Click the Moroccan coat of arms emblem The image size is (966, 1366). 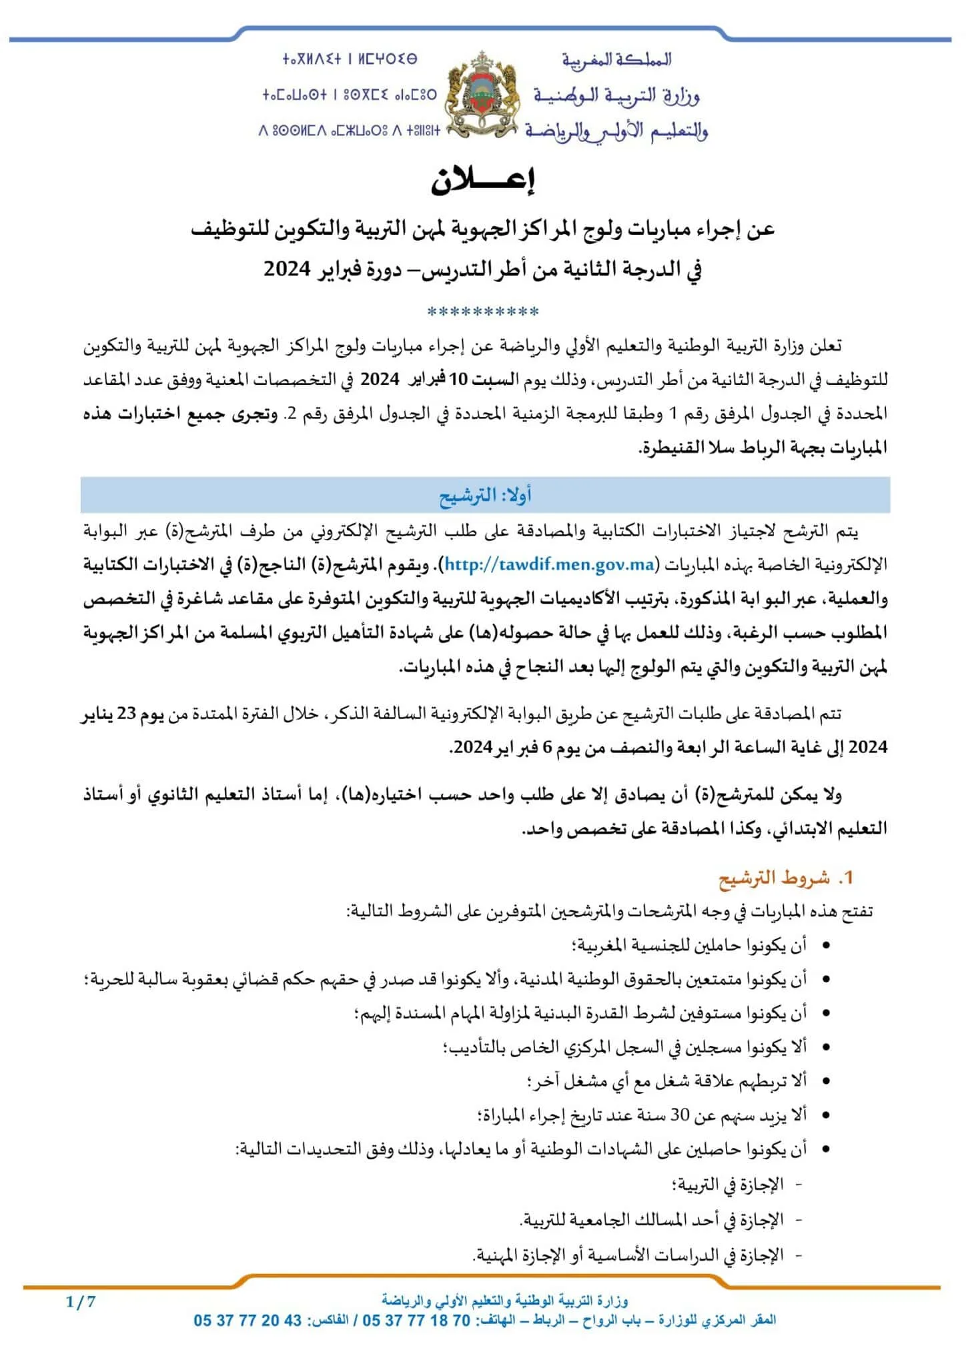[482, 95]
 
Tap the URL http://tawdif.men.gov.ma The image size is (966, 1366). [549, 565]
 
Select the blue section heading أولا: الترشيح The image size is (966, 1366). [485, 495]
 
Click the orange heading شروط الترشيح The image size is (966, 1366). [775, 878]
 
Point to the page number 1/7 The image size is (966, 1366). [81, 1301]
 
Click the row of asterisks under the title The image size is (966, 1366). [483, 311]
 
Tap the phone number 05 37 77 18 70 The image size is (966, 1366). [416, 1321]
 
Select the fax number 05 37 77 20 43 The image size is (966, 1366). [248, 1321]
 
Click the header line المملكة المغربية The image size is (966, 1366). [616, 60]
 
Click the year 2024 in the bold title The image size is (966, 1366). [287, 269]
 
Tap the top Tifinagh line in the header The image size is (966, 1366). [350, 59]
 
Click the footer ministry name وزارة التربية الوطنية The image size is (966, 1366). [505, 1301]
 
